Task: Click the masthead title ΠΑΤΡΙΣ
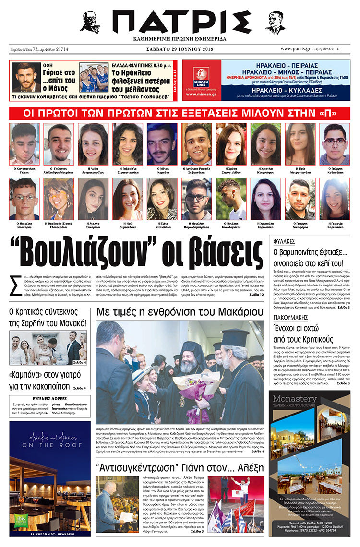tap(180, 22)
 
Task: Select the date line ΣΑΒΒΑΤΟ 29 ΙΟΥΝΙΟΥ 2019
tap(180, 49)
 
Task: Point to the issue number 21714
tap(62, 49)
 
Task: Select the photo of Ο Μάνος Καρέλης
tap(161, 144)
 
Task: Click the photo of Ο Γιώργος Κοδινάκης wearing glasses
tap(335, 144)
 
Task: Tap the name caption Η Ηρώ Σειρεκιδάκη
tap(127, 225)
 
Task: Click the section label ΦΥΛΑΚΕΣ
tap(285, 241)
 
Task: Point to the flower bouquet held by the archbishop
tap(198, 384)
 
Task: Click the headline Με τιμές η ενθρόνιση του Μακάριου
tap(180, 312)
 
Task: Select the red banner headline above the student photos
tap(180, 113)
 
